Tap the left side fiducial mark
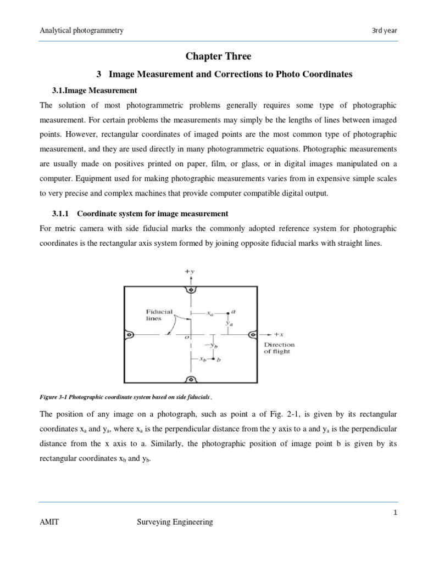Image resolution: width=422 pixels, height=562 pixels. click(129, 334)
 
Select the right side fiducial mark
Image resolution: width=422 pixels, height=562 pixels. click(253, 334)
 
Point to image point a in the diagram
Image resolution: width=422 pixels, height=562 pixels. click(229, 313)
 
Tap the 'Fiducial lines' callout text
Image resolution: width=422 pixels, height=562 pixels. click(159, 314)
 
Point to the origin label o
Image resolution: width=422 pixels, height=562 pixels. click(186, 338)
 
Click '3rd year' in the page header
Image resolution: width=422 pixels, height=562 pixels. click(384, 31)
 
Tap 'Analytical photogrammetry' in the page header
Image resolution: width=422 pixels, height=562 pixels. click(81, 31)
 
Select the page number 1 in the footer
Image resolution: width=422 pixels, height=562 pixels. click(395, 511)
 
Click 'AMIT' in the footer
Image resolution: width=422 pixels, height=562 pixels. click(49, 522)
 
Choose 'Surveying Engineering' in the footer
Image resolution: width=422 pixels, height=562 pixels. click(174, 522)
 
